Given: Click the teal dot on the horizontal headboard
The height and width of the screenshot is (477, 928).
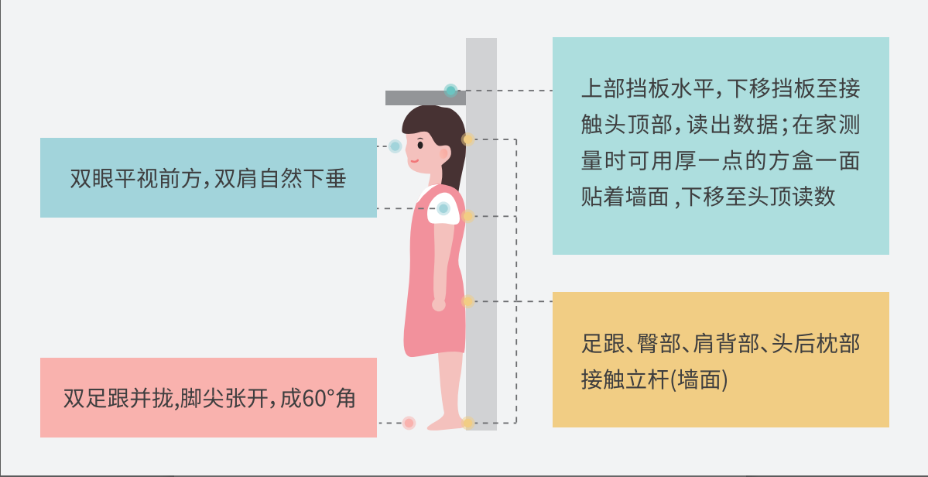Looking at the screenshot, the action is pyautogui.click(x=450, y=91).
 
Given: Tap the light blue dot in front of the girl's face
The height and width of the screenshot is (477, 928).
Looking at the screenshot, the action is pyautogui.click(x=395, y=146).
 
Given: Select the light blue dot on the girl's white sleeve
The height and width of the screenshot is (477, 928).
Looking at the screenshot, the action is pyautogui.click(x=443, y=208).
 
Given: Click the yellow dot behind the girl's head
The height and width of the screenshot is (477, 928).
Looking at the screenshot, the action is pyautogui.click(x=467, y=139).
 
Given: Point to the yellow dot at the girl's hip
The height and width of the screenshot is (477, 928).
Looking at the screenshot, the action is pyautogui.click(x=467, y=301).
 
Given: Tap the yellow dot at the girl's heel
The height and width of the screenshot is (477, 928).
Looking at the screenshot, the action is pyautogui.click(x=467, y=423).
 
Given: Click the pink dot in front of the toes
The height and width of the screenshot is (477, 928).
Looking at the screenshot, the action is pyautogui.click(x=409, y=423).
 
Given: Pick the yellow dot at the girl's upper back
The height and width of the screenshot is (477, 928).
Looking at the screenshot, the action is pyautogui.click(x=467, y=216).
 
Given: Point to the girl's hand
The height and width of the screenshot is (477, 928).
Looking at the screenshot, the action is pyautogui.click(x=439, y=304).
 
